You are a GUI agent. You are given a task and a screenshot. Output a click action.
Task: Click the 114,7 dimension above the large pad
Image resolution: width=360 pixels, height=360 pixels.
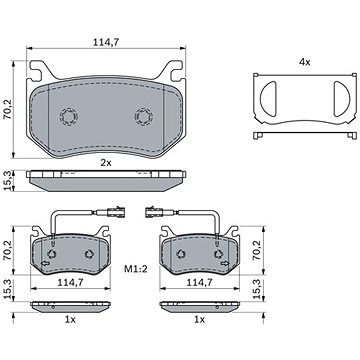(x=106, y=42)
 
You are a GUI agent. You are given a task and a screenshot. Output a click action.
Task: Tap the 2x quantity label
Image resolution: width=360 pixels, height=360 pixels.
(x=106, y=163)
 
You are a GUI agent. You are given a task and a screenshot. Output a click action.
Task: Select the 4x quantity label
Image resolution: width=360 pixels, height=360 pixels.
(x=304, y=62)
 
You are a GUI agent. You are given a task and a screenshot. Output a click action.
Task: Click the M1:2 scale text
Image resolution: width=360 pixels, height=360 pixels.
(x=136, y=269)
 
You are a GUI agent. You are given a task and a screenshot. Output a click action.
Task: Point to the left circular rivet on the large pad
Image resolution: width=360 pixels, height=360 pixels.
(x=69, y=117)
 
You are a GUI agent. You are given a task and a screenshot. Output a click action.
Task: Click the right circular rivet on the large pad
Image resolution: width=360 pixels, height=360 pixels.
(x=144, y=117)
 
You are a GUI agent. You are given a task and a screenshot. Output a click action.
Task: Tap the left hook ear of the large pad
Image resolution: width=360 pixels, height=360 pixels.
(x=36, y=70)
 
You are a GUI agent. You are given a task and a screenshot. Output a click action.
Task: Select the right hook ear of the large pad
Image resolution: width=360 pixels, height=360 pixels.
(x=176, y=70)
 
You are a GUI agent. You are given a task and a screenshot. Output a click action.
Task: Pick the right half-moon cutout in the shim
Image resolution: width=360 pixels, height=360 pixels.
(x=342, y=99)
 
